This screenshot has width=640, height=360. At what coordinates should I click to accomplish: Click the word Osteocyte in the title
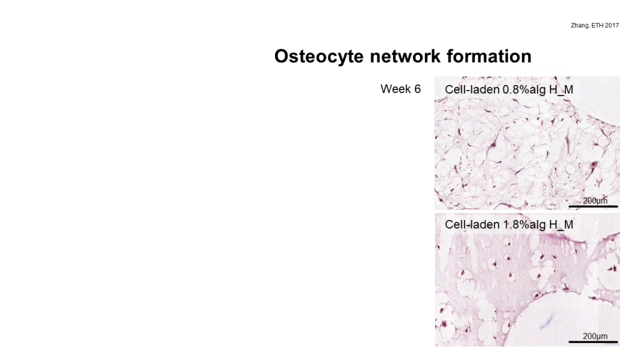319,56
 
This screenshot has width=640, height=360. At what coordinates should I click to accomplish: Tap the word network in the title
405,56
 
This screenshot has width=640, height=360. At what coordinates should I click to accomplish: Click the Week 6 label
401,89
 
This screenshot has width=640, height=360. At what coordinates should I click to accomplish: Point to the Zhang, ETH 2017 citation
595,25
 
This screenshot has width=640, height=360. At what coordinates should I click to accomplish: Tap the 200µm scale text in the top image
595,201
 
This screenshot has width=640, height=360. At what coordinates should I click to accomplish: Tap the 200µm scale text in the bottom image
595,336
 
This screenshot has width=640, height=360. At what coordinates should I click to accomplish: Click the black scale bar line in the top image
593,206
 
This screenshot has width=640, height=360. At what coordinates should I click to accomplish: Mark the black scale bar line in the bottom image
593,342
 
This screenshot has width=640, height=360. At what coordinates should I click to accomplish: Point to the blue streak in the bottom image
546,321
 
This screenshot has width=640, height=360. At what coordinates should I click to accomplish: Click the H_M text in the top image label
561,89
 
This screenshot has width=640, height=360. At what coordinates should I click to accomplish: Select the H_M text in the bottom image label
561,224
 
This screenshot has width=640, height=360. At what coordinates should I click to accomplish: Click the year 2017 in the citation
612,25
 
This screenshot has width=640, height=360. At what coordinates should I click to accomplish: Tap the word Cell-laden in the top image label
472,89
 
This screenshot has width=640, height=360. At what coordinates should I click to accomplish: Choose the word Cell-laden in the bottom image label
472,224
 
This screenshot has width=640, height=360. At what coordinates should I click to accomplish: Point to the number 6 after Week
417,89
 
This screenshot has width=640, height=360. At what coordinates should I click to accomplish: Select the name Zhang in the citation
579,25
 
